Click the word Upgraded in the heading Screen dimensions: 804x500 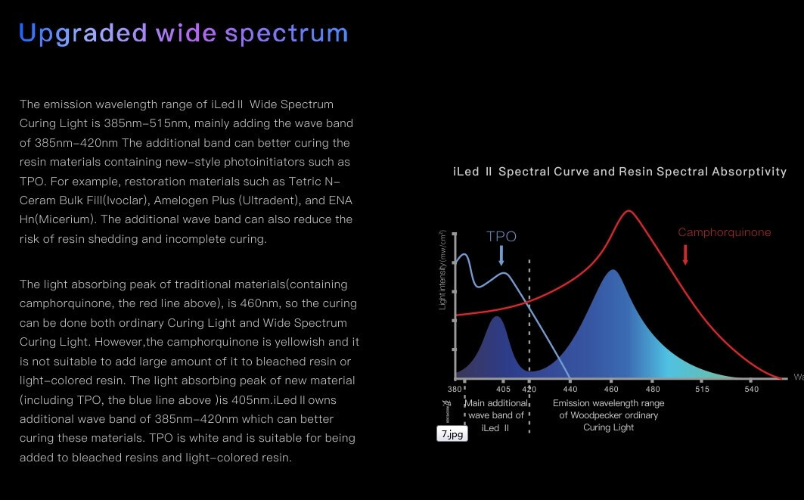(x=83, y=34)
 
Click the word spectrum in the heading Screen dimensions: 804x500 (x=287, y=34)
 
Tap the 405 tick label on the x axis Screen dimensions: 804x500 (x=503, y=390)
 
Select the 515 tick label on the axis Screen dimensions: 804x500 (x=702, y=390)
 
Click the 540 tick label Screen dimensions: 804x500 (x=751, y=390)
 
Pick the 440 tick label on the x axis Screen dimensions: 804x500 (x=570, y=390)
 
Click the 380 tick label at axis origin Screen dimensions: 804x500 (x=455, y=390)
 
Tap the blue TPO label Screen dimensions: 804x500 (x=501, y=237)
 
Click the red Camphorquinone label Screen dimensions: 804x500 (x=724, y=232)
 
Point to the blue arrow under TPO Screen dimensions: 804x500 (x=501, y=256)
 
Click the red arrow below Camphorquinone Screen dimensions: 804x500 (x=685, y=255)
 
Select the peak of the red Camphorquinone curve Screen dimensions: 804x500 (x=628, y=211)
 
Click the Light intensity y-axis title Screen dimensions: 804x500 (x=442, y=270)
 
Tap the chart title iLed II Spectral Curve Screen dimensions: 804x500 (x=619, y=172)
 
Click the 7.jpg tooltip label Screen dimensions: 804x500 (x=452, y=434)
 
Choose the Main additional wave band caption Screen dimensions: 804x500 (x=496, y=415)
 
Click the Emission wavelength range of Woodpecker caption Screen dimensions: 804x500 (x=608, y=415)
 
